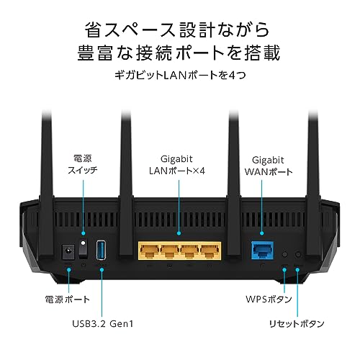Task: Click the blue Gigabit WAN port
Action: [262, 251]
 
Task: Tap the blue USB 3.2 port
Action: [101, 250]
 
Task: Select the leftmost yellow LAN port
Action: [150, 251]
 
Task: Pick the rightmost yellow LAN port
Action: [210, 251]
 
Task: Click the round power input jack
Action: [68, 252]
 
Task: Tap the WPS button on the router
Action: [285, 254]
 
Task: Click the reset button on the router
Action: [298, 254]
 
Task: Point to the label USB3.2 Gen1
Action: [103, 324]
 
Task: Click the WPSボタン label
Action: [269, 299]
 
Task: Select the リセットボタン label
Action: [297, 324]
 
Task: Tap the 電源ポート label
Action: [68, 300]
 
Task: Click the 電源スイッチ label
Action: [83, 164]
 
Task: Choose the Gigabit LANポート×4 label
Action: [177, 165]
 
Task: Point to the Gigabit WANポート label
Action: [269, 166]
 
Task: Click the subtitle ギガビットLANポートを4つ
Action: [180, 75]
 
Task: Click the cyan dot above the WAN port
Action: [262, 233]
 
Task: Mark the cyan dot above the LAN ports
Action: [179, 233]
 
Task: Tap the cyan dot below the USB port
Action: [102, 270]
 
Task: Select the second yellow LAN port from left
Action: [170, 251]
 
